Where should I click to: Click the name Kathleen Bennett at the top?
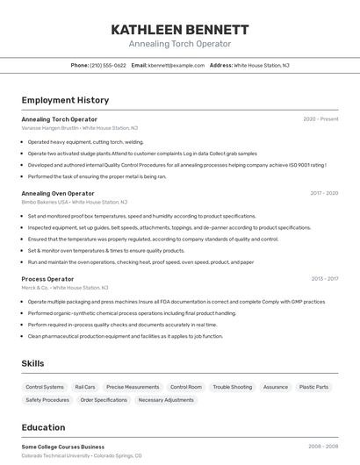click(179, 29)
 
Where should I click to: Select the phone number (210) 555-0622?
click(108, 65)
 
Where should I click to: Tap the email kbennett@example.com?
click(176, 65)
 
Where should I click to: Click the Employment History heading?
click(65, 100)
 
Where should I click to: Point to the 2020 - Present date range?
click(320, 119)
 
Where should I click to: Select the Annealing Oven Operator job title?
click(58, 193)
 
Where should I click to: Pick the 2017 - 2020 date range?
click(323, 193)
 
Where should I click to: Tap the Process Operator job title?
click(47, 279)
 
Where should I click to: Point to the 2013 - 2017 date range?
click(324, 279)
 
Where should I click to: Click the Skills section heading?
click(32, 363)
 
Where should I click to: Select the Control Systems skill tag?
click(45, 387)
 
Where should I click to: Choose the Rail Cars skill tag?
click(85, 387)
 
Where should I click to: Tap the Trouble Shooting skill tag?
click(232, 387)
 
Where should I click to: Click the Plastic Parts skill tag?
click(313, 387)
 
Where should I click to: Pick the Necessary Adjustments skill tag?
click(166, 400)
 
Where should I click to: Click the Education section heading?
click(43, 427)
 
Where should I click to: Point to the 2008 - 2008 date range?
click(322, 447)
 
